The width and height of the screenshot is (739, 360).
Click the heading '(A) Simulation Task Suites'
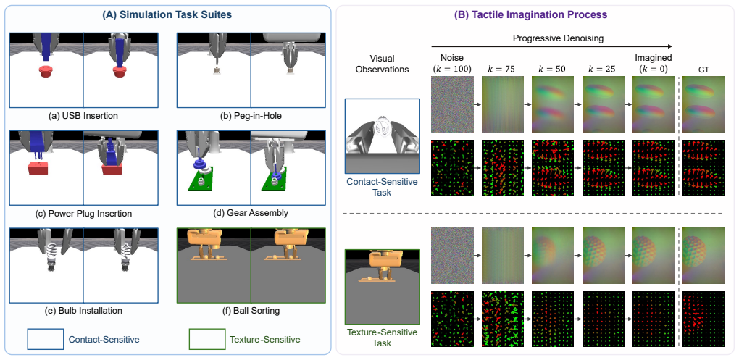tap(167, 14)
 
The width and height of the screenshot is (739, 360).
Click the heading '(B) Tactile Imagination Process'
tap(530, 14)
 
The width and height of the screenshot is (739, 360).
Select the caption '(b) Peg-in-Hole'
tap(251, 115)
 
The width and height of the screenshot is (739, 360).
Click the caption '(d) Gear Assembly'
tap(251, 214)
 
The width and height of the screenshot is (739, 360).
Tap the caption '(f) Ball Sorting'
tap(251, 311)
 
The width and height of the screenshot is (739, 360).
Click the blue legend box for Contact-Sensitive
tap(46, 339)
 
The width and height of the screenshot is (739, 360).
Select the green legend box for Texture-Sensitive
tap(207, 339)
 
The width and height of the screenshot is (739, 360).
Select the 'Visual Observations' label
tap(382, 64)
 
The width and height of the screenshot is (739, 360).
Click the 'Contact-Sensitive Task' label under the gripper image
tap(382, 186)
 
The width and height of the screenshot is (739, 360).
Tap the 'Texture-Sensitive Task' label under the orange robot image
tap(382, 338)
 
